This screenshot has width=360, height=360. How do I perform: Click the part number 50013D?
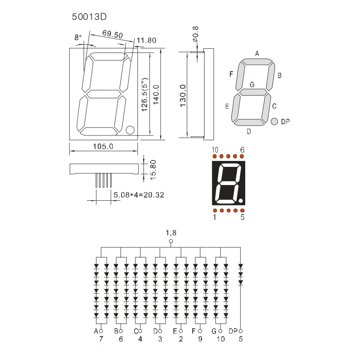(89, 17)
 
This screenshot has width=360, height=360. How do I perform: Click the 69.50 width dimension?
(113, 34)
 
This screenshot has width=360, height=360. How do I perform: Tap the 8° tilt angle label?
(78, 37)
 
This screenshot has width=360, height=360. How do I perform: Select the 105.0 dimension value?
(103, 146)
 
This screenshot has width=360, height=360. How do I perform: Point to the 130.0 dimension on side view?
(183, 96)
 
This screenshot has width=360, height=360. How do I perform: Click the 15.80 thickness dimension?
(153, 170)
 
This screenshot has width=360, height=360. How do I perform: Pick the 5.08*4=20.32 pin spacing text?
(139, 195)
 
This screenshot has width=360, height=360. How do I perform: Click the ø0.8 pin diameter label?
(195, 34)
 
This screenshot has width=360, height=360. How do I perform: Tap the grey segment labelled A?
(257, 62)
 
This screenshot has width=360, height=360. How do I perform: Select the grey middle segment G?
(253, 92)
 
